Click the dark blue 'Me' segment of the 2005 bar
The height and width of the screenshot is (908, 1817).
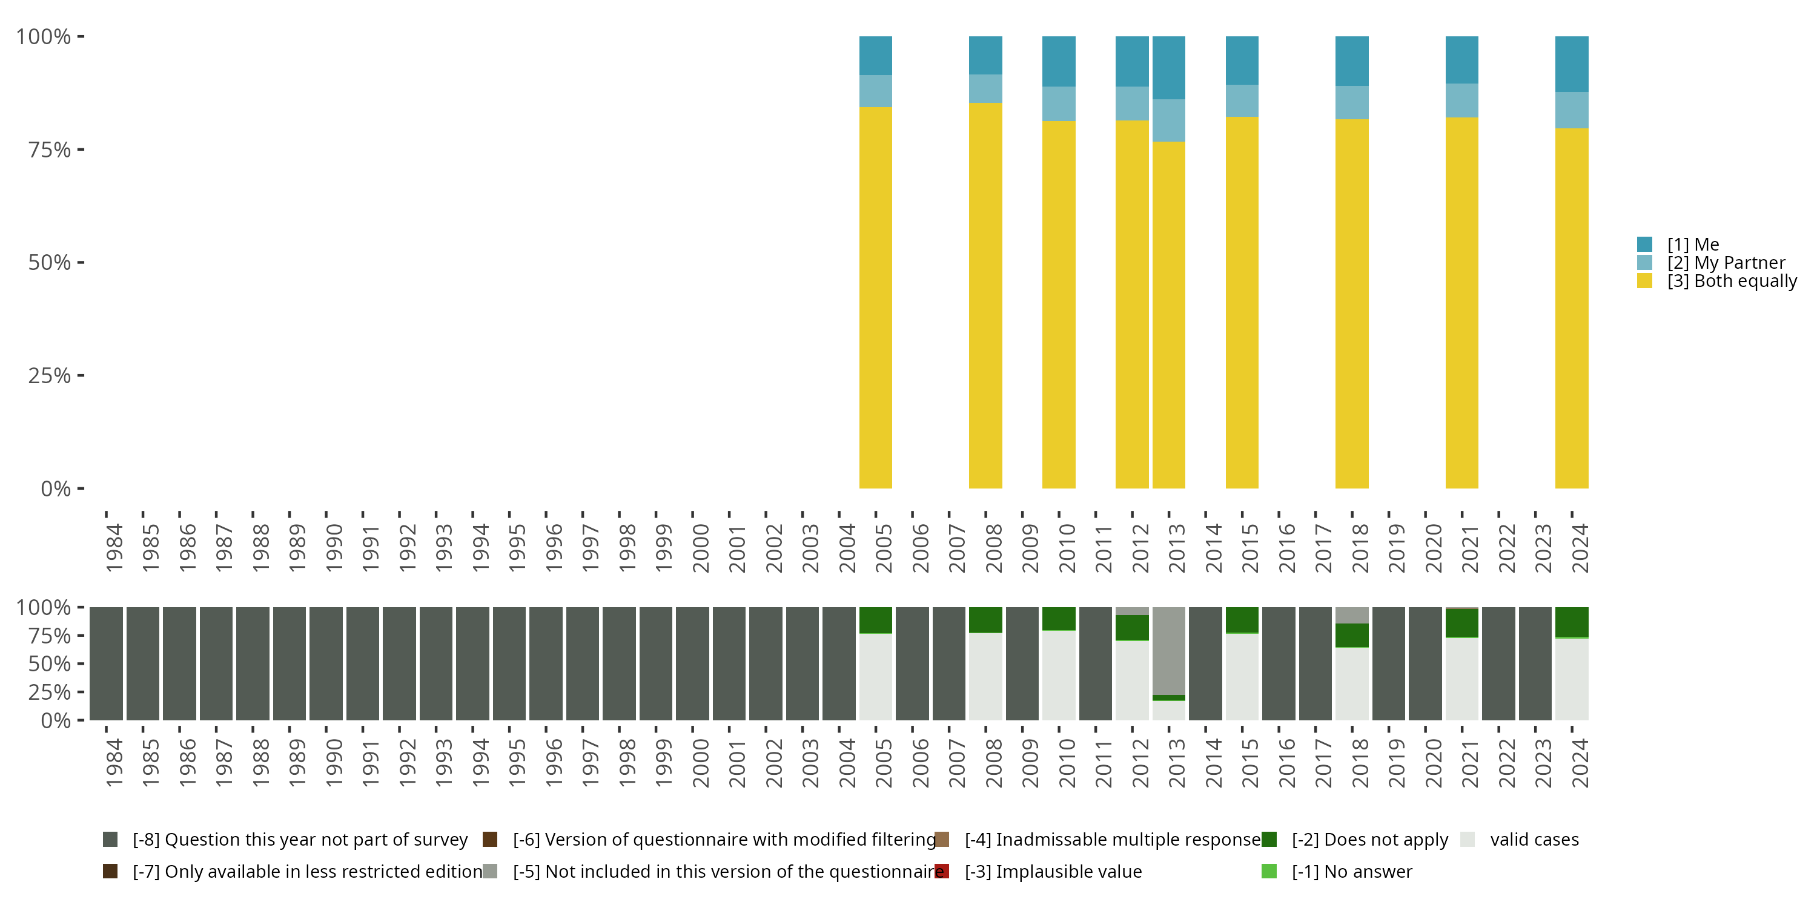pyautogui.click(x=875, y=55)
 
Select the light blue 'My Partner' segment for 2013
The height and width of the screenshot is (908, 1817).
pyautogui.click(x=1169, y=120)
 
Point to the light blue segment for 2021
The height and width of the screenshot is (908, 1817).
pyautogui.click(x=1461, y=100)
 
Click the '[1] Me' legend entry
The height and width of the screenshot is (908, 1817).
pyautogui.click(x=1693, y=245)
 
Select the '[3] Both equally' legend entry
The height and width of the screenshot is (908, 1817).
pyautogui.click(x=1731, y=281)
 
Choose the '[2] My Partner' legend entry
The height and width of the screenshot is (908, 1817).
pyautogui.click(x=1726, y=263)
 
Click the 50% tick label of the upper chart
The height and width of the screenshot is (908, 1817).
pyautogui.click(x=50, y=263)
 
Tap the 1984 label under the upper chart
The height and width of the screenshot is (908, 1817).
pyautogui.click(x=114, y=548)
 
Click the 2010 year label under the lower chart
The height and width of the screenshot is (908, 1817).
pyautogui.click(x=1067, y=763)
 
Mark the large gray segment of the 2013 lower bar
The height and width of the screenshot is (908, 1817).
pyautogui.click(x=1169, y=650)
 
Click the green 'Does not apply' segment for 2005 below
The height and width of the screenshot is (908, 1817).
pyautogui.click(x=875, y=620)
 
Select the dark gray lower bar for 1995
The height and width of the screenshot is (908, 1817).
pyautogui.click(x=509, y=663)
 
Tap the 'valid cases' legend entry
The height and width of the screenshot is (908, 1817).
pyautogui.click(x=1534, y=840)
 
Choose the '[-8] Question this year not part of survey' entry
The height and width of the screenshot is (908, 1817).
pyautogui.click(x=299, y=840)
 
